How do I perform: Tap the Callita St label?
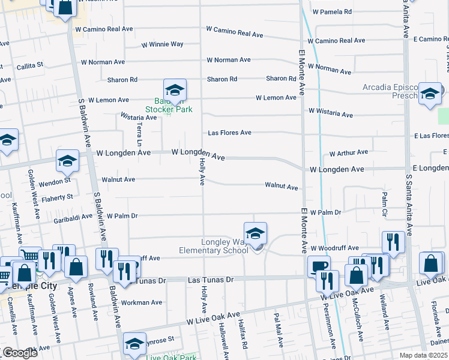pos(30,65)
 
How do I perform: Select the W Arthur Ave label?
pos(348,153)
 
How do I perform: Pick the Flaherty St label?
pos(58,197)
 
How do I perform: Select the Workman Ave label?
pos(139,302)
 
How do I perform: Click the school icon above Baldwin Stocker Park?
pos(175,90)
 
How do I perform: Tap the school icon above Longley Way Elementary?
pos(255,233)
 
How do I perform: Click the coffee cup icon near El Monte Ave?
pos(318,266)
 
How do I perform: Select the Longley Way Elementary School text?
pos(213,246)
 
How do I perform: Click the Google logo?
pos(19,353)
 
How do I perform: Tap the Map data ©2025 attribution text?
pos(424,355)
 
